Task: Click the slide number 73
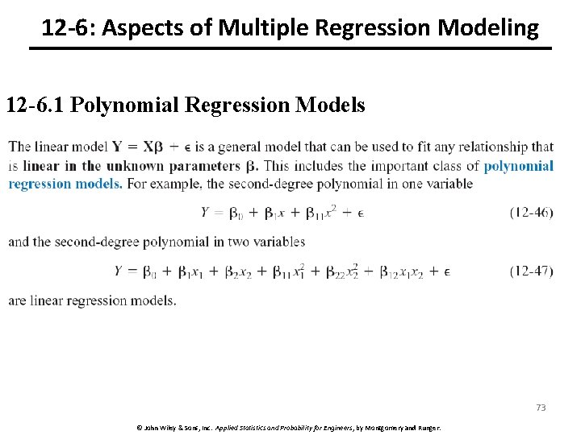point(541,408)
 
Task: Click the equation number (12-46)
point(531,213)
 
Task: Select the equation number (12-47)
point(531,271)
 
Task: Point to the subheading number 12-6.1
point(36,106)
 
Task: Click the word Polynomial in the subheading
point(123,106)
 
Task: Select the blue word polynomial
point(518,166)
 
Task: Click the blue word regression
point(39,184)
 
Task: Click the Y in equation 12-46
point(206,213)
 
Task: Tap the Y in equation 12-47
point(119,271)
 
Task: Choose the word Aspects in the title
point(141,29)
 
